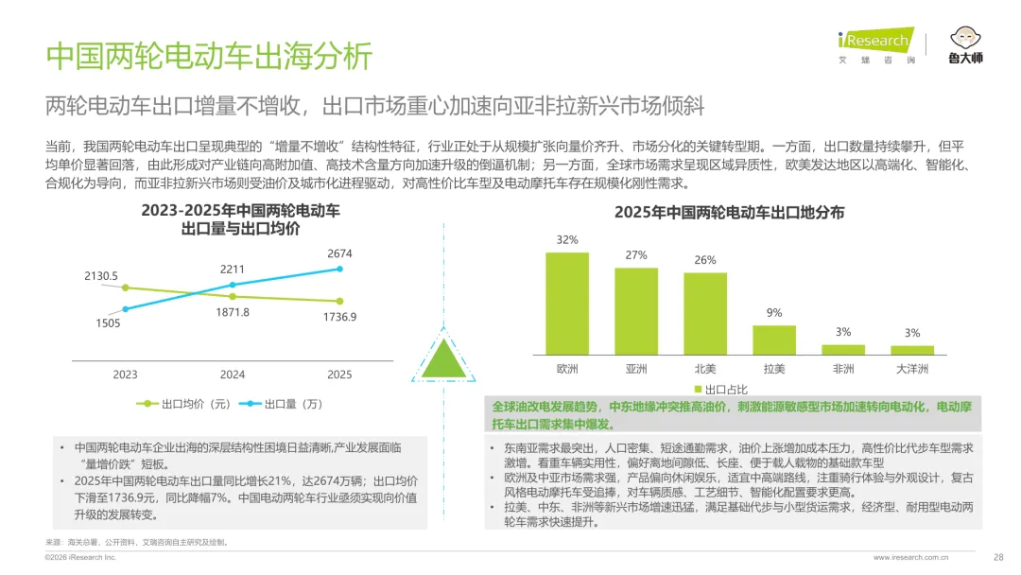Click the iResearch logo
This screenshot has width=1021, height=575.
[876, 45]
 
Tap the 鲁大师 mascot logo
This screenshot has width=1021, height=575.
[965, 45]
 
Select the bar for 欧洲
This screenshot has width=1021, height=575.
[567, 304]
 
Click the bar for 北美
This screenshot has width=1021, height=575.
[705, 314]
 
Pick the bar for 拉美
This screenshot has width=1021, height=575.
[774, 340]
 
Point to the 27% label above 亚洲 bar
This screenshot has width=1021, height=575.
[636, 255]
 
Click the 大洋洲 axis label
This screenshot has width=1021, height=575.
[912, 369]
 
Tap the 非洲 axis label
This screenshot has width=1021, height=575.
[843, 369]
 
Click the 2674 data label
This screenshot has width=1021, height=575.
[339, 253]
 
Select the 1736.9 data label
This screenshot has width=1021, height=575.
[340, 317]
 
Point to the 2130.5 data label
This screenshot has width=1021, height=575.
[101, 276]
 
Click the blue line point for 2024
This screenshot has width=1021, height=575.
[233, 285]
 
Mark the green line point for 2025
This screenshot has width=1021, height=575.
[340, 301]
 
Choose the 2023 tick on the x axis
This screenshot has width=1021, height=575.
[125, 375]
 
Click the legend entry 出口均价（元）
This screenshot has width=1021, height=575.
[183, 405]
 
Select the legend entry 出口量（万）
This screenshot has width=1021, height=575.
[282, 405]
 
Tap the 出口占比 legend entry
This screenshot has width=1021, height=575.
[720, 390]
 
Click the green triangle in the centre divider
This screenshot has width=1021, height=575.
[443, 358]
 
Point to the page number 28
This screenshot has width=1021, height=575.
[998, 557]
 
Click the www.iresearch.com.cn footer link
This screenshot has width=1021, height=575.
[911, 557]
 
